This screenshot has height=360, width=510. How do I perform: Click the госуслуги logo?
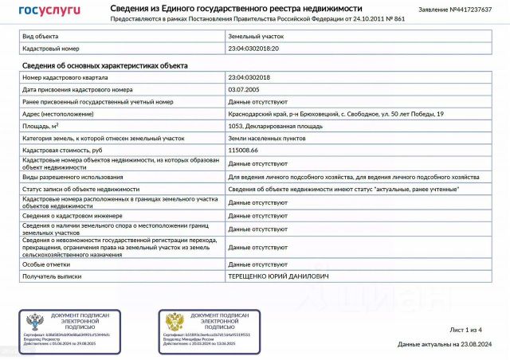49,11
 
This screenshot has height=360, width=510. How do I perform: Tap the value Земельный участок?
256,37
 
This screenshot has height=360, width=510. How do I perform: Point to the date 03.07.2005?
243,89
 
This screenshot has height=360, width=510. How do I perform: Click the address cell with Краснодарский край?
335,114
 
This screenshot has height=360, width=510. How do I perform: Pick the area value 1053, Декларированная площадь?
274,126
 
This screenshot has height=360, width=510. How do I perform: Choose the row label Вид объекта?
40,37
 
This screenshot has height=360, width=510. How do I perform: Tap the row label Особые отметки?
46,264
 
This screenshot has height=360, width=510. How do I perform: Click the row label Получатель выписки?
53,276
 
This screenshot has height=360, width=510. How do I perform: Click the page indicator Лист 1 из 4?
466,329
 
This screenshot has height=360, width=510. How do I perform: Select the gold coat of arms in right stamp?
174,323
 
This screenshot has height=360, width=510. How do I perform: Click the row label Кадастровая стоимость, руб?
63,150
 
